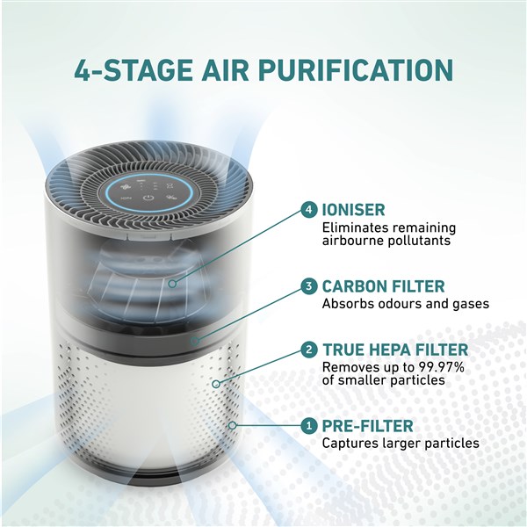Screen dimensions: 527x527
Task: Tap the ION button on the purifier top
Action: tap(126, 198)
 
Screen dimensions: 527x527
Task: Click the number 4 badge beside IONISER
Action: tap(309, 210)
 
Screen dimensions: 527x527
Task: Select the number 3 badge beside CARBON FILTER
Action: tap(309, 286)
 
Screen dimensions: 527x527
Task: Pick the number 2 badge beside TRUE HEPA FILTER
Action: tap(309, 350)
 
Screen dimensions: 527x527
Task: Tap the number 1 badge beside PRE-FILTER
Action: tap(309, 426)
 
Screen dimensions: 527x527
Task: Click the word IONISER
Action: tap(353, 210)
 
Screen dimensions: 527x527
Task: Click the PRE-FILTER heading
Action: tap(367, 426)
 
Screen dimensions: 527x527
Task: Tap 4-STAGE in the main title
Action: tap(134, 70)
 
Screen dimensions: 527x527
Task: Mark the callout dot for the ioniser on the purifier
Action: tap(172, 284)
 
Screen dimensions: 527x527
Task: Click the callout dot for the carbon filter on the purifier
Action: tap(195, 341)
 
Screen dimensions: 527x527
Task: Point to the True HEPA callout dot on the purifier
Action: tap(216, 384)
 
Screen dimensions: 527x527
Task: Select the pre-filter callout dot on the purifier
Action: tap(232, 426)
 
